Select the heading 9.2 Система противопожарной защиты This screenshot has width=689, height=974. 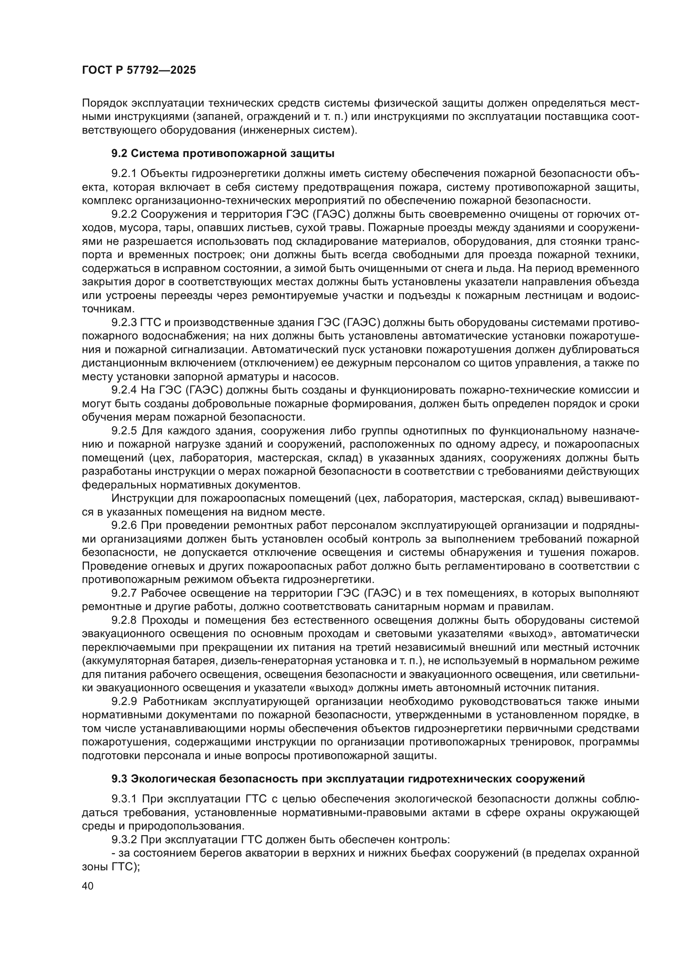click(x=223, y=154)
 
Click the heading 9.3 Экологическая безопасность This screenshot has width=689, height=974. click(x=348, y=779)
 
